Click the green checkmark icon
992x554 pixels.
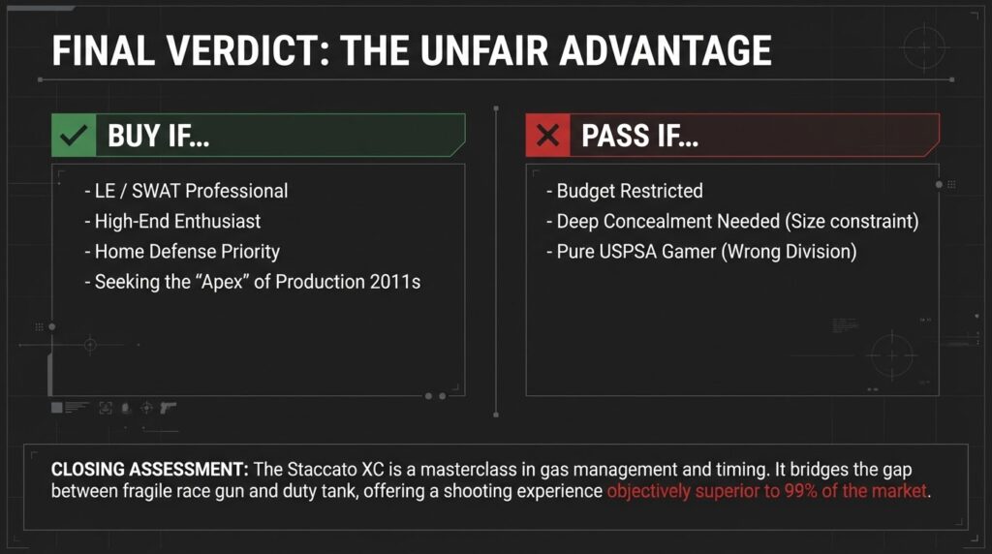click(74, 137)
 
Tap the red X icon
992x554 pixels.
click(548, 137)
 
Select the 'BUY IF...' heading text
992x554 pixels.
click(159, 137)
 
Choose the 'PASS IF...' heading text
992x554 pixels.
click(640, 137)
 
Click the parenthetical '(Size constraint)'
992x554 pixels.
click(851, 221)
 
